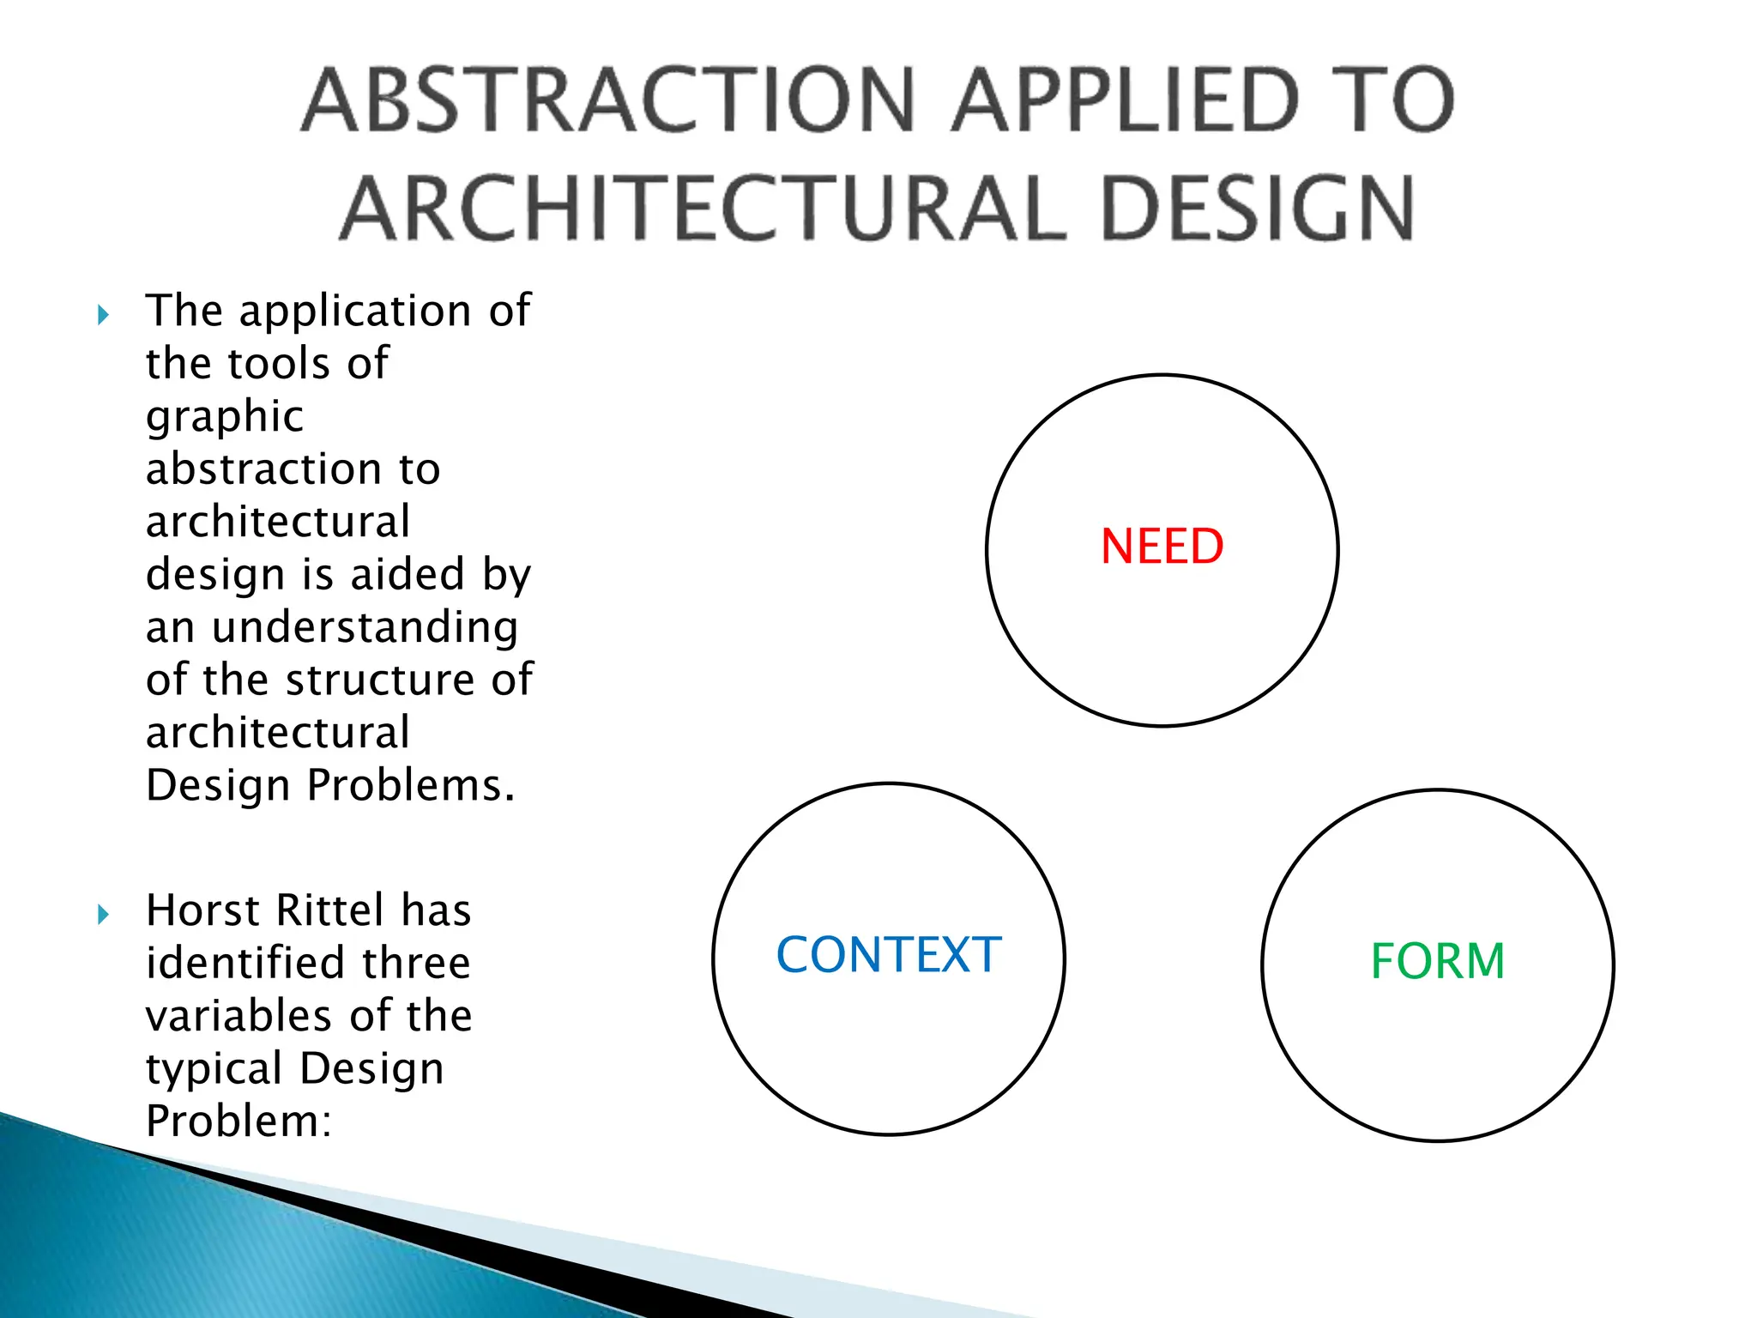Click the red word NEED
(x=1162, y=547)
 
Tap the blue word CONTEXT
(x=889, y=955)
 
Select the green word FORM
(x=1438, y=961)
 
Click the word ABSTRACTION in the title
(x=608, y=100)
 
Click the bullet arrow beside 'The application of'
(x=103, y=315)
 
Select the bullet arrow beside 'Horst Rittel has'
(x=103, y=914)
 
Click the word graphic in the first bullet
(x=225, y=418)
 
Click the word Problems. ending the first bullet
(x=411, y=784)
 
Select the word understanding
(x=365, y=626)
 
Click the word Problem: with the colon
(x=238, y=1121)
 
